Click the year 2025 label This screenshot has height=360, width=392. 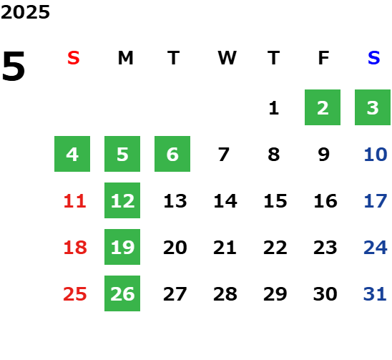click(25, 12)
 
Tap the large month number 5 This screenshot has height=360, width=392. click(14, 66)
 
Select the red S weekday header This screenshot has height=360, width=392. click(74, 58)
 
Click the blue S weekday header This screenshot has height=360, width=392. click(374, 58)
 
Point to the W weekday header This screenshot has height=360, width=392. click(227, 58)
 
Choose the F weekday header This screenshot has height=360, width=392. click(324, 58)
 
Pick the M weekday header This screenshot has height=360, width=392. click(125, 58)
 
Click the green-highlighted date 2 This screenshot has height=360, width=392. click(323, 107)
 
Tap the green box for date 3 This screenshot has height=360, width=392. click(373, 107)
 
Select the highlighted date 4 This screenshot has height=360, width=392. click(72, 154)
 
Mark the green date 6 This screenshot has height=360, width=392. click(172, 154)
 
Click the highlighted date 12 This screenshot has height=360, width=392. click(122, 200)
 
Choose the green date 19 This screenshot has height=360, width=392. click(122, 247)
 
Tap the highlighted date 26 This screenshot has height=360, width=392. click(122, 293)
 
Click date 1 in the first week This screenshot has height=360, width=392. click(274, 108)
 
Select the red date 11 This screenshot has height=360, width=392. click(75, 201)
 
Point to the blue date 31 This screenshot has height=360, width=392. click(375, 294)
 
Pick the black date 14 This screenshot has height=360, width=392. click(225, 201)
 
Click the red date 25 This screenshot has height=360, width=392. click(75, 294)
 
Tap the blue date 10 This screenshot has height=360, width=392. click(376, 155)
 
